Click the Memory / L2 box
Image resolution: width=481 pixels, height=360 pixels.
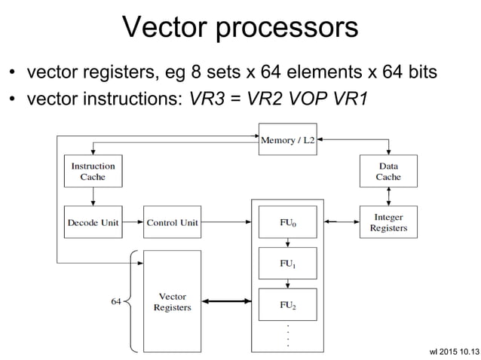pos(288,140)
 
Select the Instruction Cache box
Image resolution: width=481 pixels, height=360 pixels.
pos(93,172)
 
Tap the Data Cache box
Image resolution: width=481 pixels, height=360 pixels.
pos(388,172)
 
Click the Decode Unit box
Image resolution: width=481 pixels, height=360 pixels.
pos(93,222)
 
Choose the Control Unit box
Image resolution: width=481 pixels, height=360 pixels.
pos(172,222)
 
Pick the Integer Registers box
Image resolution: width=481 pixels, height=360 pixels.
pos(388,222)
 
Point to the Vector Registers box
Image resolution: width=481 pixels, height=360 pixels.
pos(172,301)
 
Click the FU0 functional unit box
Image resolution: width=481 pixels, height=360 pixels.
pos(288,222)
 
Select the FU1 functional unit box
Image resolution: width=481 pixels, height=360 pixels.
pos(288,264)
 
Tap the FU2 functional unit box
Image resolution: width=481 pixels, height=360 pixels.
pos(288,305)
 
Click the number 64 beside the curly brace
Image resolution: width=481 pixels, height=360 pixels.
pos(116,302)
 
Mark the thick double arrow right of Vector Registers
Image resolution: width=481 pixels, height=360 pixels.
pos(226,303)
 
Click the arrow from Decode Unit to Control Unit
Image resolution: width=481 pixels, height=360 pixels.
pos(133,222)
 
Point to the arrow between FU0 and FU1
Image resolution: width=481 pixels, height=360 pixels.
pos(288,243)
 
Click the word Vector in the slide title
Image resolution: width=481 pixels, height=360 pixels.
pos(164,29)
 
